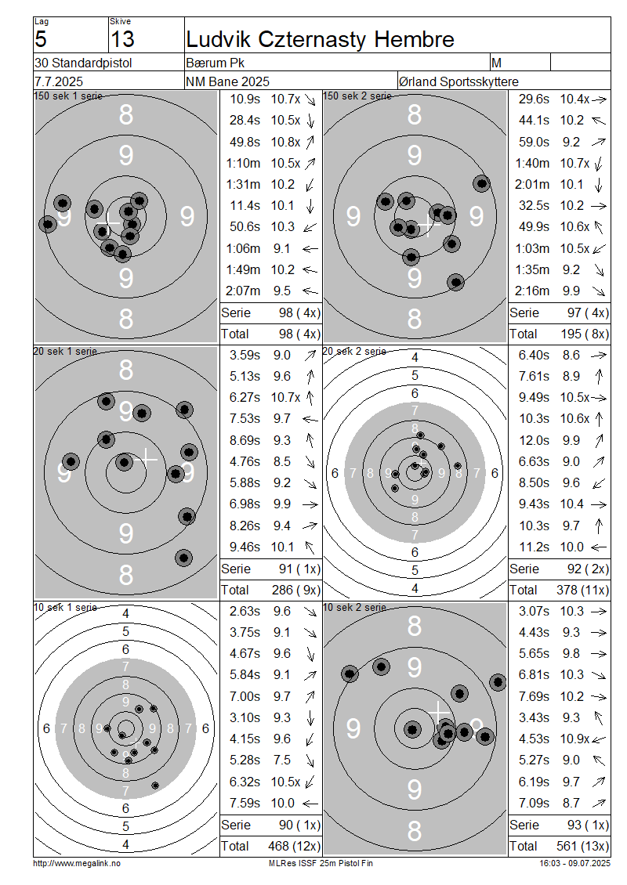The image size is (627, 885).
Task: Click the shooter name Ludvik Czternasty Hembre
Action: point(320,39)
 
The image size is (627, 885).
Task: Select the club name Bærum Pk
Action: point(215,63)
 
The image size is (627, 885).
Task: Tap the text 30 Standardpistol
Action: point(83,63)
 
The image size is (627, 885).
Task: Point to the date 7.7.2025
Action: point(59,81)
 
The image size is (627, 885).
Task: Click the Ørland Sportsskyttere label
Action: point(458,81)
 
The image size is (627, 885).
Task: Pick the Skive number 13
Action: point(122,39)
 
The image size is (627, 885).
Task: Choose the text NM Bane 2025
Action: point(227,81)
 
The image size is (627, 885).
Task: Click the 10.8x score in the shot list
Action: point(285,142)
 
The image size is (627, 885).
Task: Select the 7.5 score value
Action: point(281,760)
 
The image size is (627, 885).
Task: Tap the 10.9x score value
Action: point(574,739)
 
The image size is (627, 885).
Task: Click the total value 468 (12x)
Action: point(294,846)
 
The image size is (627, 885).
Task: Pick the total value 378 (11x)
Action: point(583,590)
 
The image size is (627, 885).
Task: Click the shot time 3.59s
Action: point(245,355)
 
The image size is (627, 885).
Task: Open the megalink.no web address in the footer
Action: point(77,863)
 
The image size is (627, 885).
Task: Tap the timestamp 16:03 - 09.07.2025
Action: point(575,863)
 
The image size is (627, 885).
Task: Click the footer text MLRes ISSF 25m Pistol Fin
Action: point(321,863)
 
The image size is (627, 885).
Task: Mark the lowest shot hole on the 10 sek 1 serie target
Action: point(155,785)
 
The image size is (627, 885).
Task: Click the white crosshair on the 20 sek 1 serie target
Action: point(146,457)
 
